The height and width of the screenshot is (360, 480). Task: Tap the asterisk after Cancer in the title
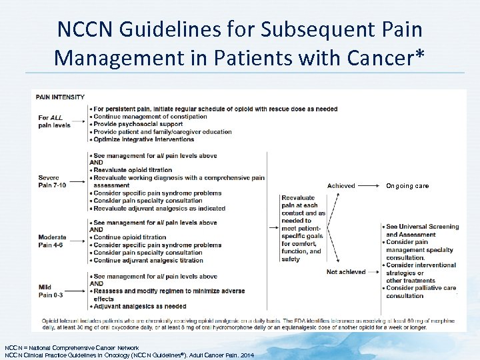417,56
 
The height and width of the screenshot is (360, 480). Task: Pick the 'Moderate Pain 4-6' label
53,241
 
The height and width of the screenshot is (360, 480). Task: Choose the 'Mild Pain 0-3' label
51,291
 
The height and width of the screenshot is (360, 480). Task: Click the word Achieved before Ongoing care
341,186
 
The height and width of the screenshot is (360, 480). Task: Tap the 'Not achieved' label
346,272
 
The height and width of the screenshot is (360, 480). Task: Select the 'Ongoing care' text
407,186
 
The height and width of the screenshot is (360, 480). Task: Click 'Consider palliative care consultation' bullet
421,292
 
